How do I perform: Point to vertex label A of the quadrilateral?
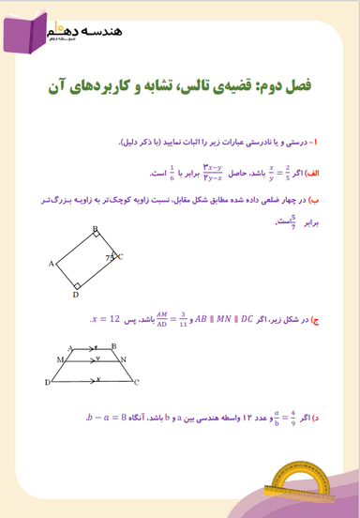(x=50, y=265)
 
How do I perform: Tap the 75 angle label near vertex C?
(x=111, y=254)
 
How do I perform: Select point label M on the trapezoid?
(x=60, y=358)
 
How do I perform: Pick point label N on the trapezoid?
(x=125, y=358)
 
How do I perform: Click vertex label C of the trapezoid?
(x=138, y=383)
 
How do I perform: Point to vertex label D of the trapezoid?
(x=47, y=383)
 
